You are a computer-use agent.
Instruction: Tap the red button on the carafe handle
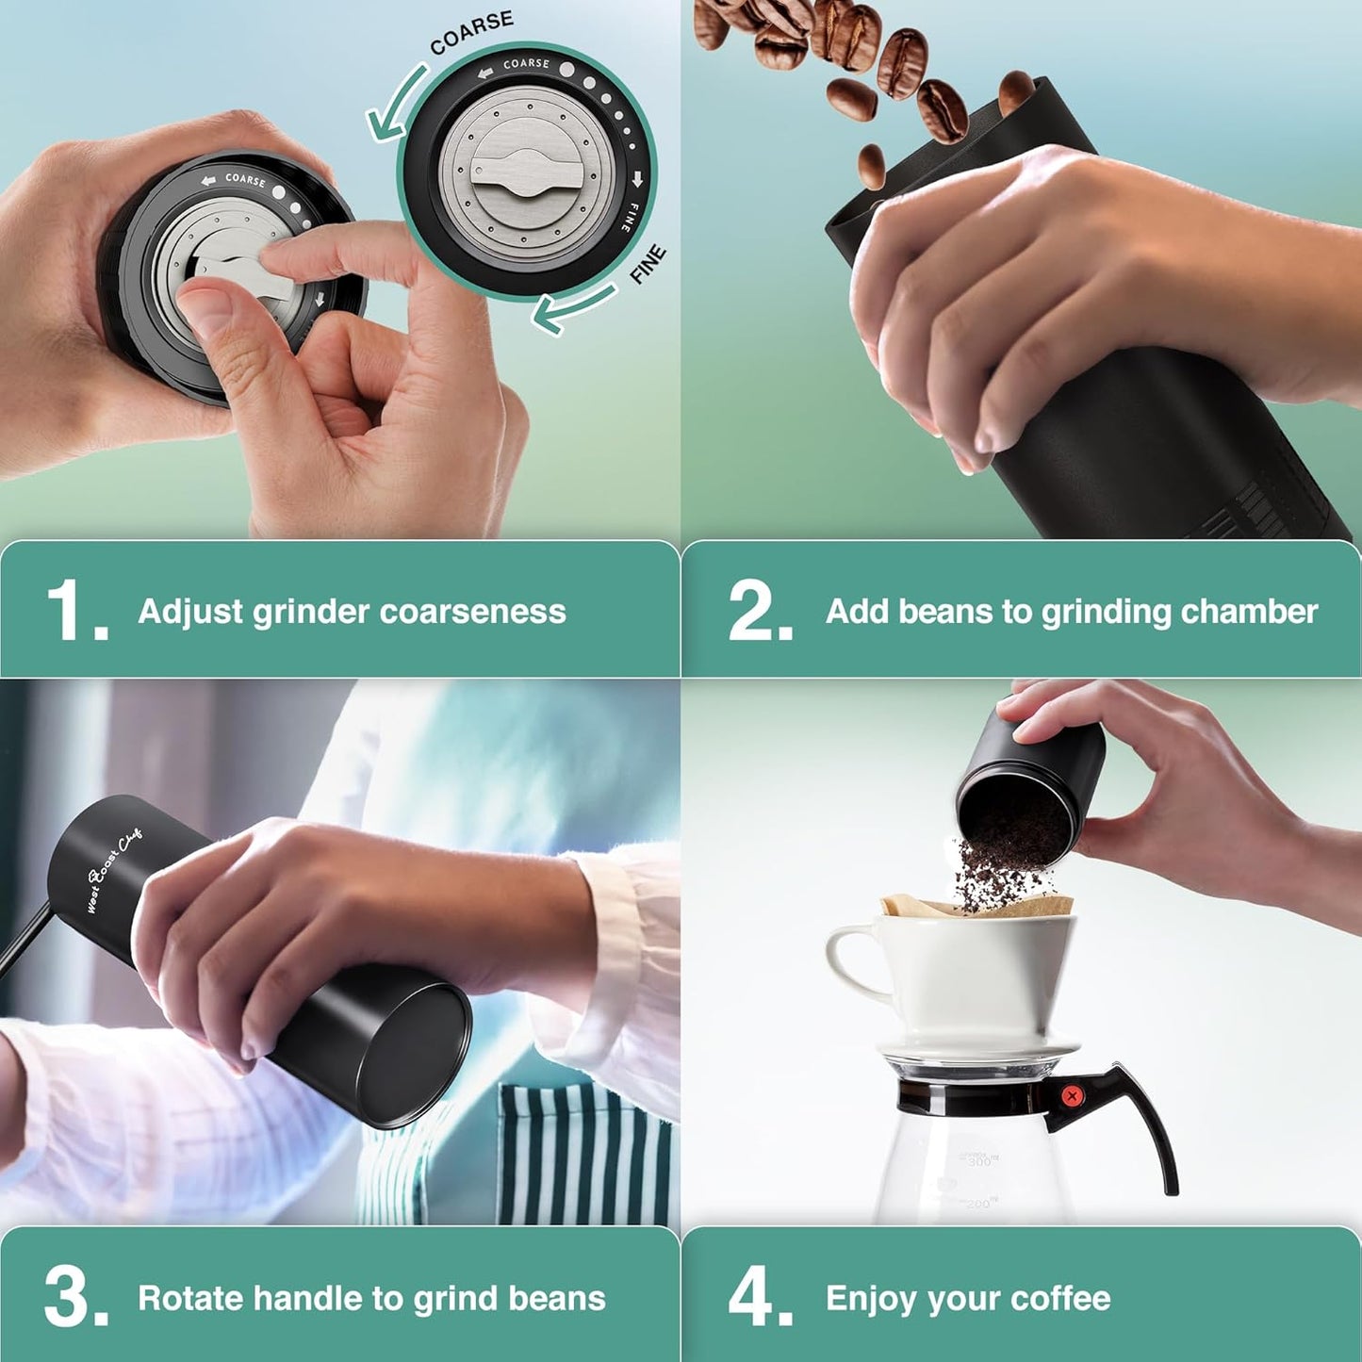pos(1070,1095)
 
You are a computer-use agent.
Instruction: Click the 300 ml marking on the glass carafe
pos(979,1161)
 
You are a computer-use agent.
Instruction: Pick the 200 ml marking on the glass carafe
pos(979,1204)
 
